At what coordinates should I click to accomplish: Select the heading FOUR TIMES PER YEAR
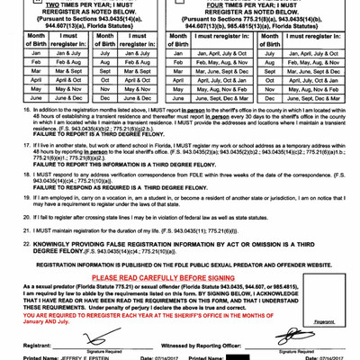coord(262,3)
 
